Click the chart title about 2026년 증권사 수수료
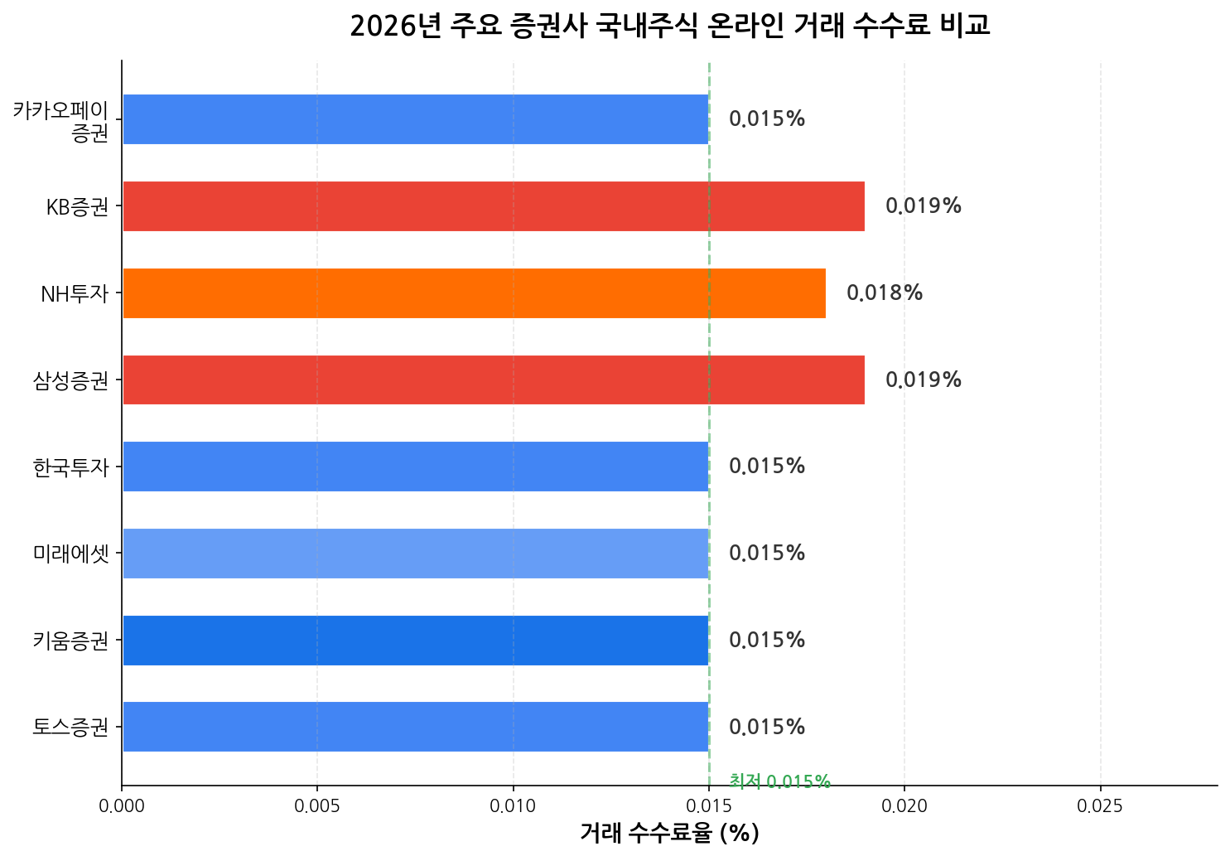tap(669, 27)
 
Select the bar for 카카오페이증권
tap(415, 119)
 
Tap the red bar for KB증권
tap(493, 206)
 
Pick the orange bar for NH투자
tap(474, 293)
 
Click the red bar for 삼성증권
tap(493, 380)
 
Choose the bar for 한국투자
tap(415, 467)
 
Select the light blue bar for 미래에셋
tap(415, 554)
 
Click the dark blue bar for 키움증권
tap(415, 641)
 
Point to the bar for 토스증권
tap(415, 727)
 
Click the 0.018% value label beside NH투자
tap(884, 293)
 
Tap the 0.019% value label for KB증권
tap(923, 206)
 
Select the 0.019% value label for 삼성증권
tap(923, 380)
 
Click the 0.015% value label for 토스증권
tap(766, 728)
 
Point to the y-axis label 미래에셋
tap(71, 554)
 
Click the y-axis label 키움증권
tap(71, 641)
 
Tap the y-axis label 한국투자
tap(71, 467)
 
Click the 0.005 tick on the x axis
tap(317, 805)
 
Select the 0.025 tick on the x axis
tap(1100, 805)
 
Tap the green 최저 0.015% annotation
tap(779, 781)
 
